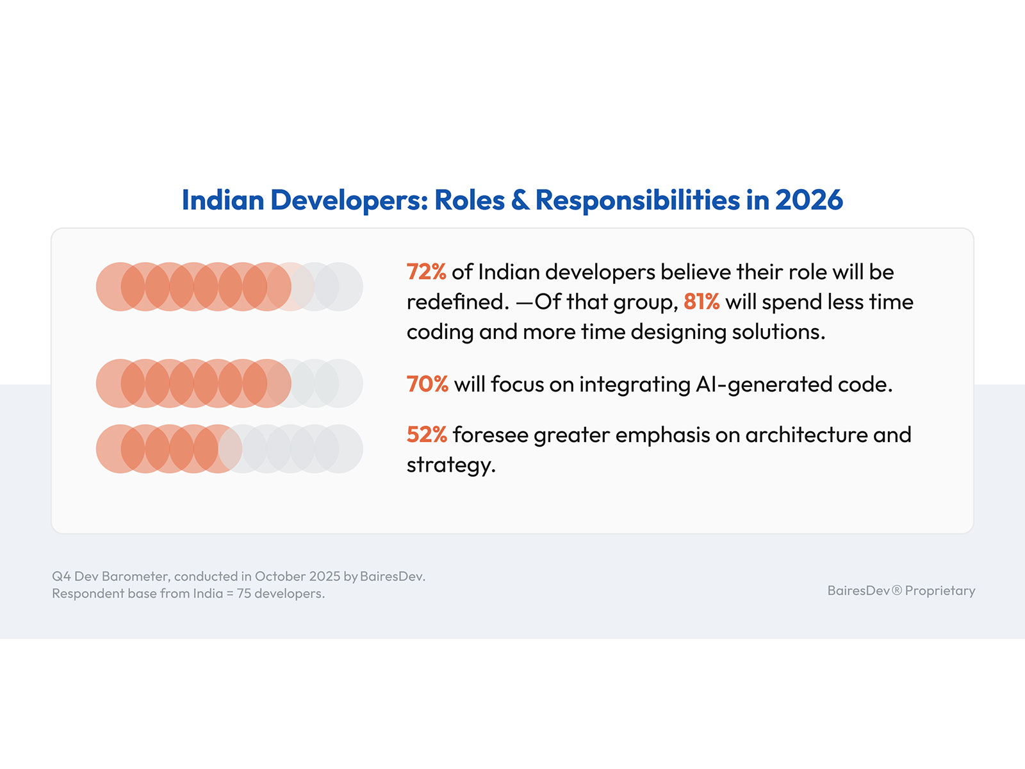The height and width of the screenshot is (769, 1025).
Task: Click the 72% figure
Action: tap(426, 272)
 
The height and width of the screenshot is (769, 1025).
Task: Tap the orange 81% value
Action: tap(701, 302)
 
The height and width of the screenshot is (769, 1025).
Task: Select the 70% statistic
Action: tap(427, 384)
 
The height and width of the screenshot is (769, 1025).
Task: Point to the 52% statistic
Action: tap(427, 435)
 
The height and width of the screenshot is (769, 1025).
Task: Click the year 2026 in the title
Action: tap(808, 200)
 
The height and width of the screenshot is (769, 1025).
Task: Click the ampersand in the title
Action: tap(520, 200)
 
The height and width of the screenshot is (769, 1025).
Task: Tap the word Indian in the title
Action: tap(223, 200)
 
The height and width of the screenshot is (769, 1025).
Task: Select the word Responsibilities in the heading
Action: tap(637, 200)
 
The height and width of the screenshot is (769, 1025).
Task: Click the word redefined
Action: tap(457, 302)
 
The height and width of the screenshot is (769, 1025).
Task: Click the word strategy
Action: tap(450, 465)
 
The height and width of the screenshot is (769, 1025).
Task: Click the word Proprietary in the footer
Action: tap(940, 591)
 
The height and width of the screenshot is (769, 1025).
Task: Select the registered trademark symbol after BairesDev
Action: tap(897, 591)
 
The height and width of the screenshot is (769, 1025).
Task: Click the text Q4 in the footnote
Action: tap(61, 576)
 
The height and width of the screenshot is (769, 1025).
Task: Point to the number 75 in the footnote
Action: tap(244, 594)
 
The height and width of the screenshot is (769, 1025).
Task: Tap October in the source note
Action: tap(280, 576)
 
